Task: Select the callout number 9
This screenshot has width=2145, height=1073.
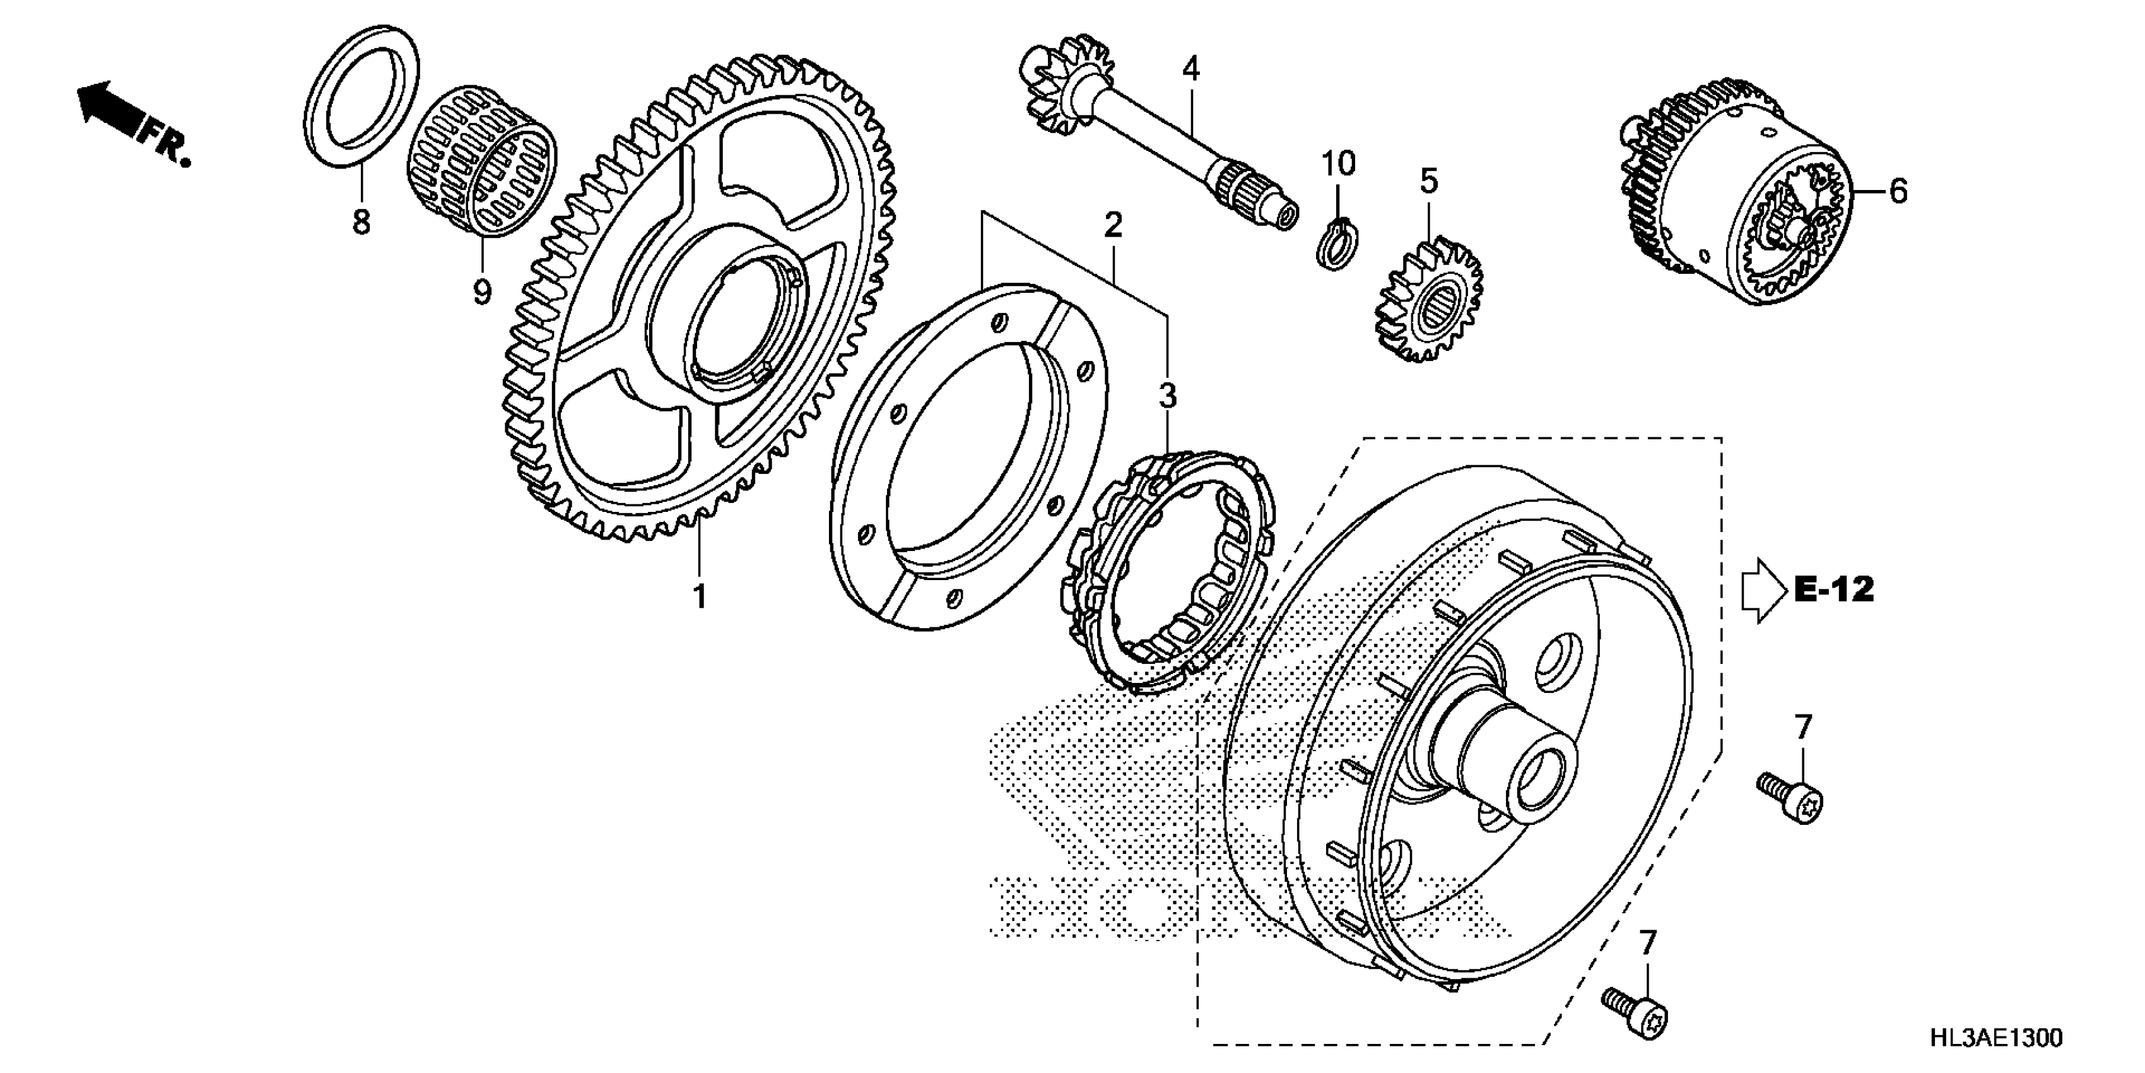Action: (481, 292)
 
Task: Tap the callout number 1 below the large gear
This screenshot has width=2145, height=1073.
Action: (700, 596)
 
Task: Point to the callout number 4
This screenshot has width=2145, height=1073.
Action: (1192, 68)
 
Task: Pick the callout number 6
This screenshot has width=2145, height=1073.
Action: (1898, 192)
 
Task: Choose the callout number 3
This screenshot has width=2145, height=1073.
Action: (1167, 396)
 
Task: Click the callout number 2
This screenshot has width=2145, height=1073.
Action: (1114, 224)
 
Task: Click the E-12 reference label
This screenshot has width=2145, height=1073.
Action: (1833, 590)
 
